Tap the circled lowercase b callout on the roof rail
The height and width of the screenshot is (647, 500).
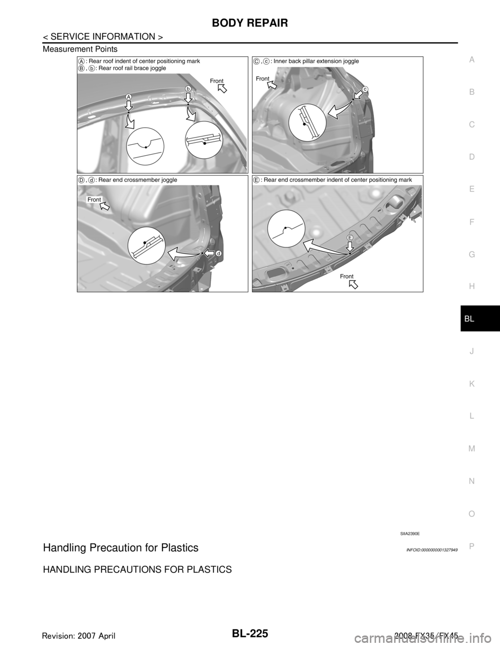[188, 89]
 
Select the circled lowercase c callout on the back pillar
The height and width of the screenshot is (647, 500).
[365, 89]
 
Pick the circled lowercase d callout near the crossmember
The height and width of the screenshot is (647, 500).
[219, 253]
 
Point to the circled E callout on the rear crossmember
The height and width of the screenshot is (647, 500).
[351, 237]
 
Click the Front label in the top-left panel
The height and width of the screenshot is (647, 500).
[217, 81]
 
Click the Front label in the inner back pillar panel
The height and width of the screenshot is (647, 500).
[263, 79]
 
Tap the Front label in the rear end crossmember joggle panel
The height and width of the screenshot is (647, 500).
[94, 200]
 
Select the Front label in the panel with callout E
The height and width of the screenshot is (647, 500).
[346, 276]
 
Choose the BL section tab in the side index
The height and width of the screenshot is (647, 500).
[471, 318]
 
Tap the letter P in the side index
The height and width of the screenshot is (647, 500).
[471, 545]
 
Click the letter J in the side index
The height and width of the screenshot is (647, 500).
[471, 351]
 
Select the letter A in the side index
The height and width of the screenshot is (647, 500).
[471, 60]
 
